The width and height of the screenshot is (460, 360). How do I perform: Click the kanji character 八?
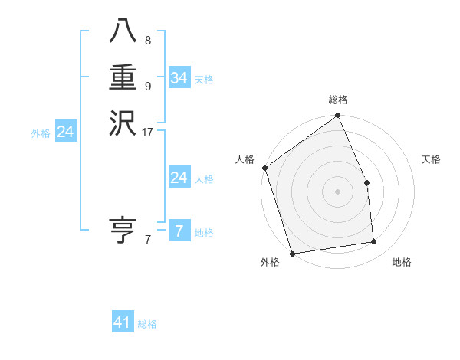pyautogui.click(x=123, y=31)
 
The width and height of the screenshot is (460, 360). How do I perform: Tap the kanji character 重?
pyautogui.click(x=123, y=78)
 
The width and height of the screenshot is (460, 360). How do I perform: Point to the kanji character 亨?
pyautogui.click(x=123, y=230)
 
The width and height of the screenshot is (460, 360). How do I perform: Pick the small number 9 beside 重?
pyautogui.click(x=147, y=87)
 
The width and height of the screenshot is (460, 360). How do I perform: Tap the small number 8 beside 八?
pyautogui.click(x=147, y=40)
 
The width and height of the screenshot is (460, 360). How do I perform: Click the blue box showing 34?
pyautogui.click(x=179, y=78)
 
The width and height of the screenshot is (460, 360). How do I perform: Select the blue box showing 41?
pyautogui.click(x=123, y=322)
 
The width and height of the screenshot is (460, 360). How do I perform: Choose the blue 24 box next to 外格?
pyautogui.click(x=66, y=132)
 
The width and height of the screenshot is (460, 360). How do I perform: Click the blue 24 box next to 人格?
pyautogui.click(x=179, y=178)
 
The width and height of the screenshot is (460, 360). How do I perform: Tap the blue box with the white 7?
pyautogui.click(x=179, y=231)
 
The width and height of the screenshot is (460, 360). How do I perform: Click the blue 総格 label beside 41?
pyautogui.click(x=147, y=324)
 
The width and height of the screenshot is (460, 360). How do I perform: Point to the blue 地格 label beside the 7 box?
pyautogui.click(x=204, y=233)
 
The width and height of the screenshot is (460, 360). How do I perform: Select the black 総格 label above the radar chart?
pyautogui.click(x=338, y=100)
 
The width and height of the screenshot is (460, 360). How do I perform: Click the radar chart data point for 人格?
pyautogui.click(x=265, y=168)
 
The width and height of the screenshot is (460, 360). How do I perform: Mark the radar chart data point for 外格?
pyautogui.click(x=293, y=253)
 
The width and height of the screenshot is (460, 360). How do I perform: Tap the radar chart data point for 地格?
pyautogui.click(x=374, y=242)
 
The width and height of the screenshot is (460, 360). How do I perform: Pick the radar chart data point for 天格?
pyautogui.click(x=366, y=182)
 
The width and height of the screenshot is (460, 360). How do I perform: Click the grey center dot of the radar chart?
pyautogui.click(x=338, y=191)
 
